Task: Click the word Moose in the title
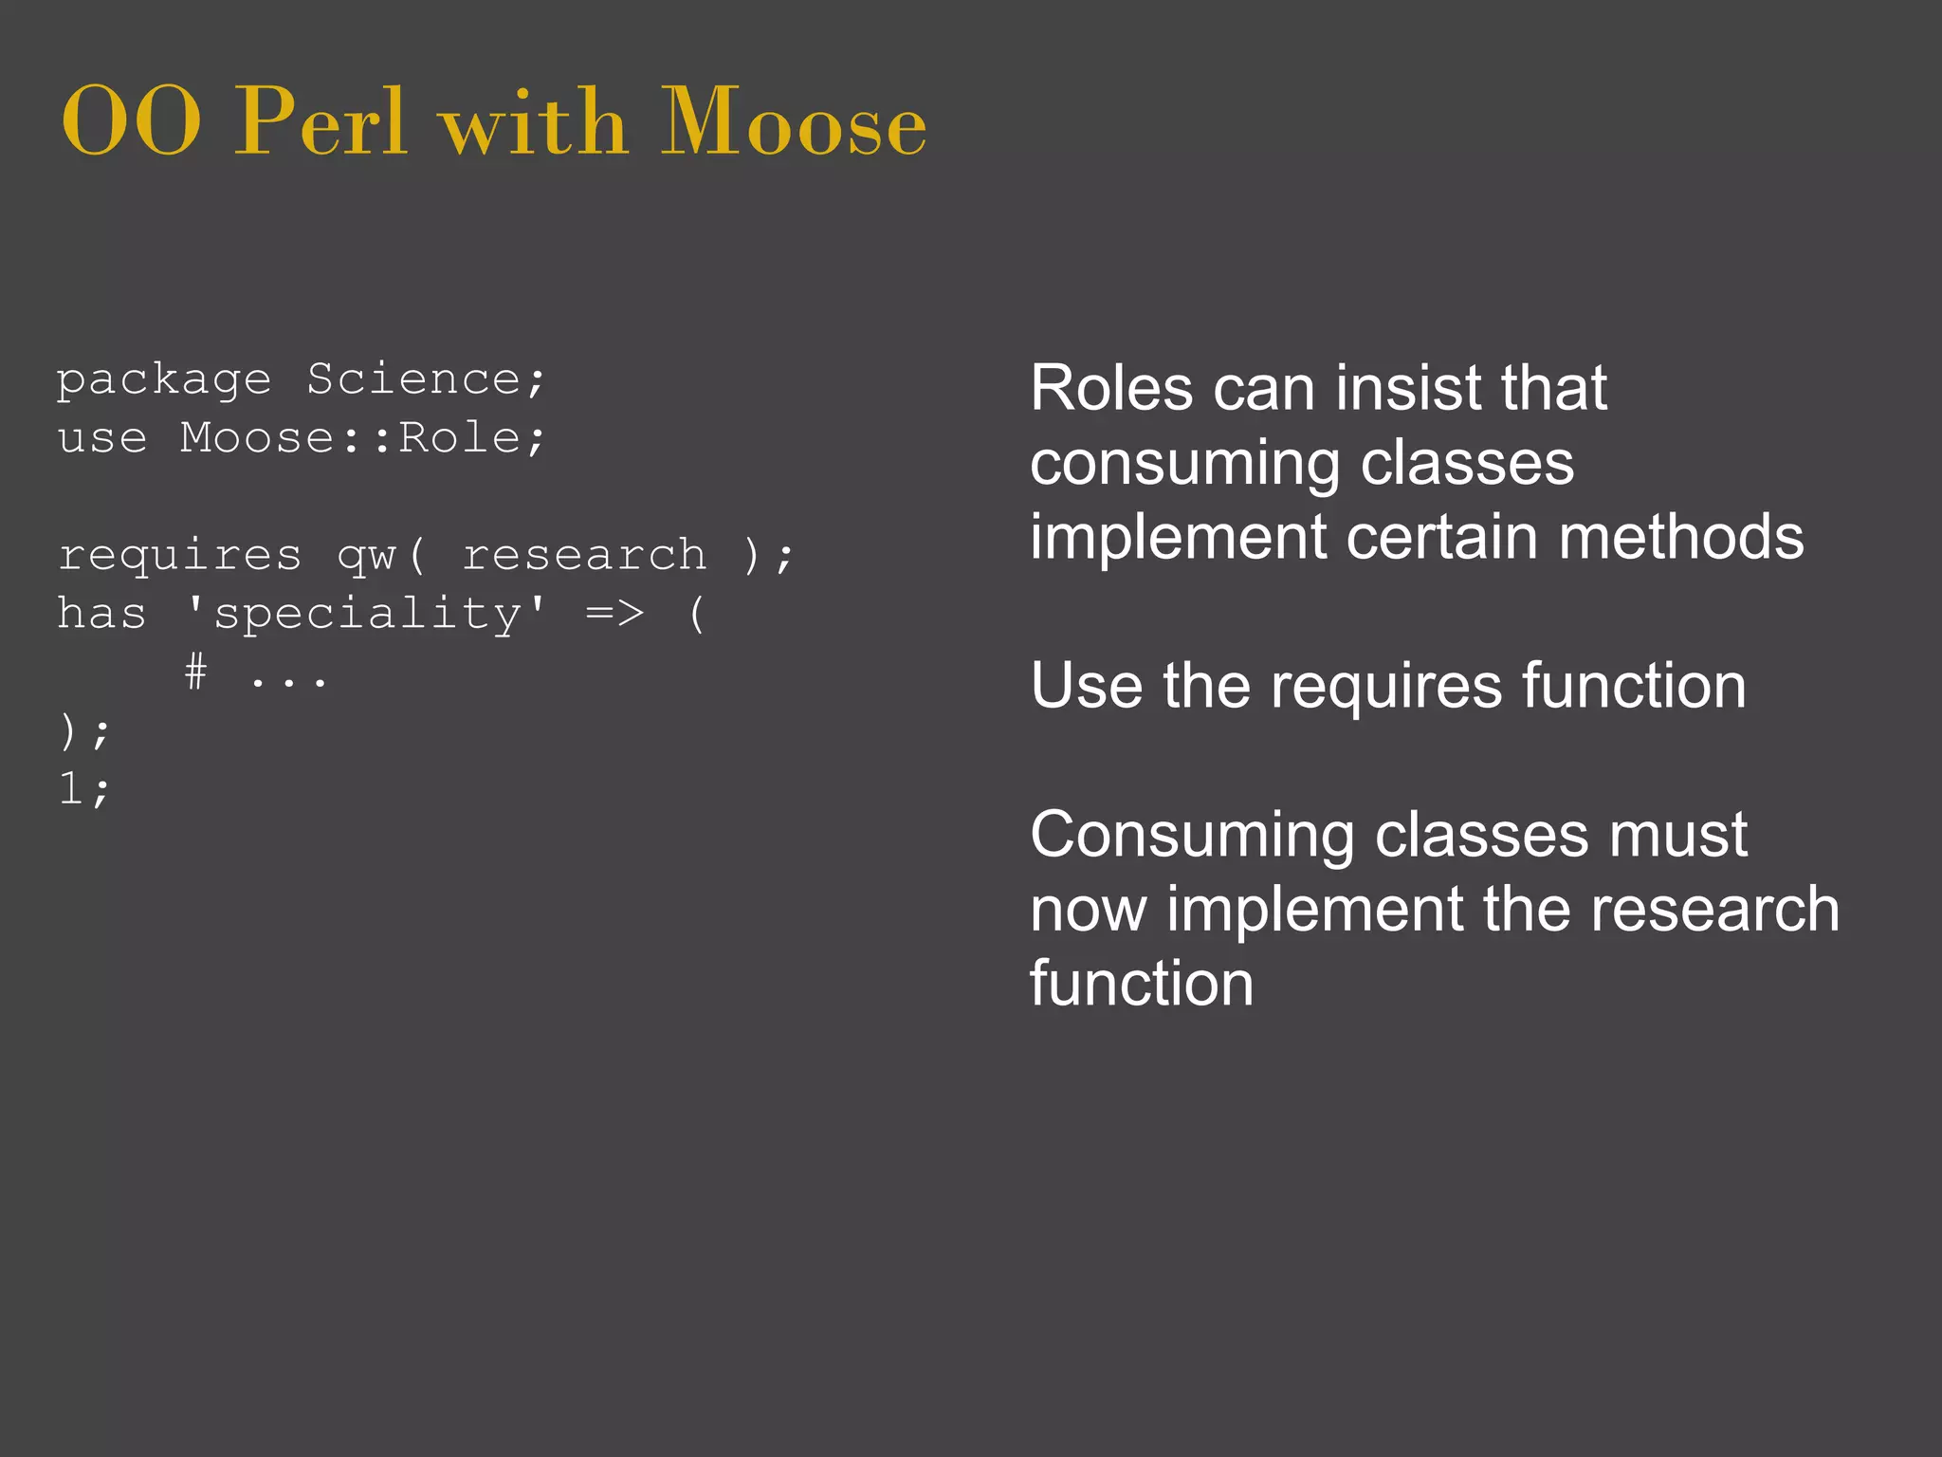pos(793,123)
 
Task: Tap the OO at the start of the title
pos(131,123)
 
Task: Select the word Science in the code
pos(413,379)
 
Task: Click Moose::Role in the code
pos(350,438)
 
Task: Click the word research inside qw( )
pos(584,556)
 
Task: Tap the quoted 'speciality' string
pos(367,614)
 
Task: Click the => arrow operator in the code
pos(614,614)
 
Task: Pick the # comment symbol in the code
pos(195,673)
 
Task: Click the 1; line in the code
pos(83,789)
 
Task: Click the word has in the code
pos(101,614)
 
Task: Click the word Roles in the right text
pos(1111,388)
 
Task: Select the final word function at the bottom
pos(1141,984)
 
